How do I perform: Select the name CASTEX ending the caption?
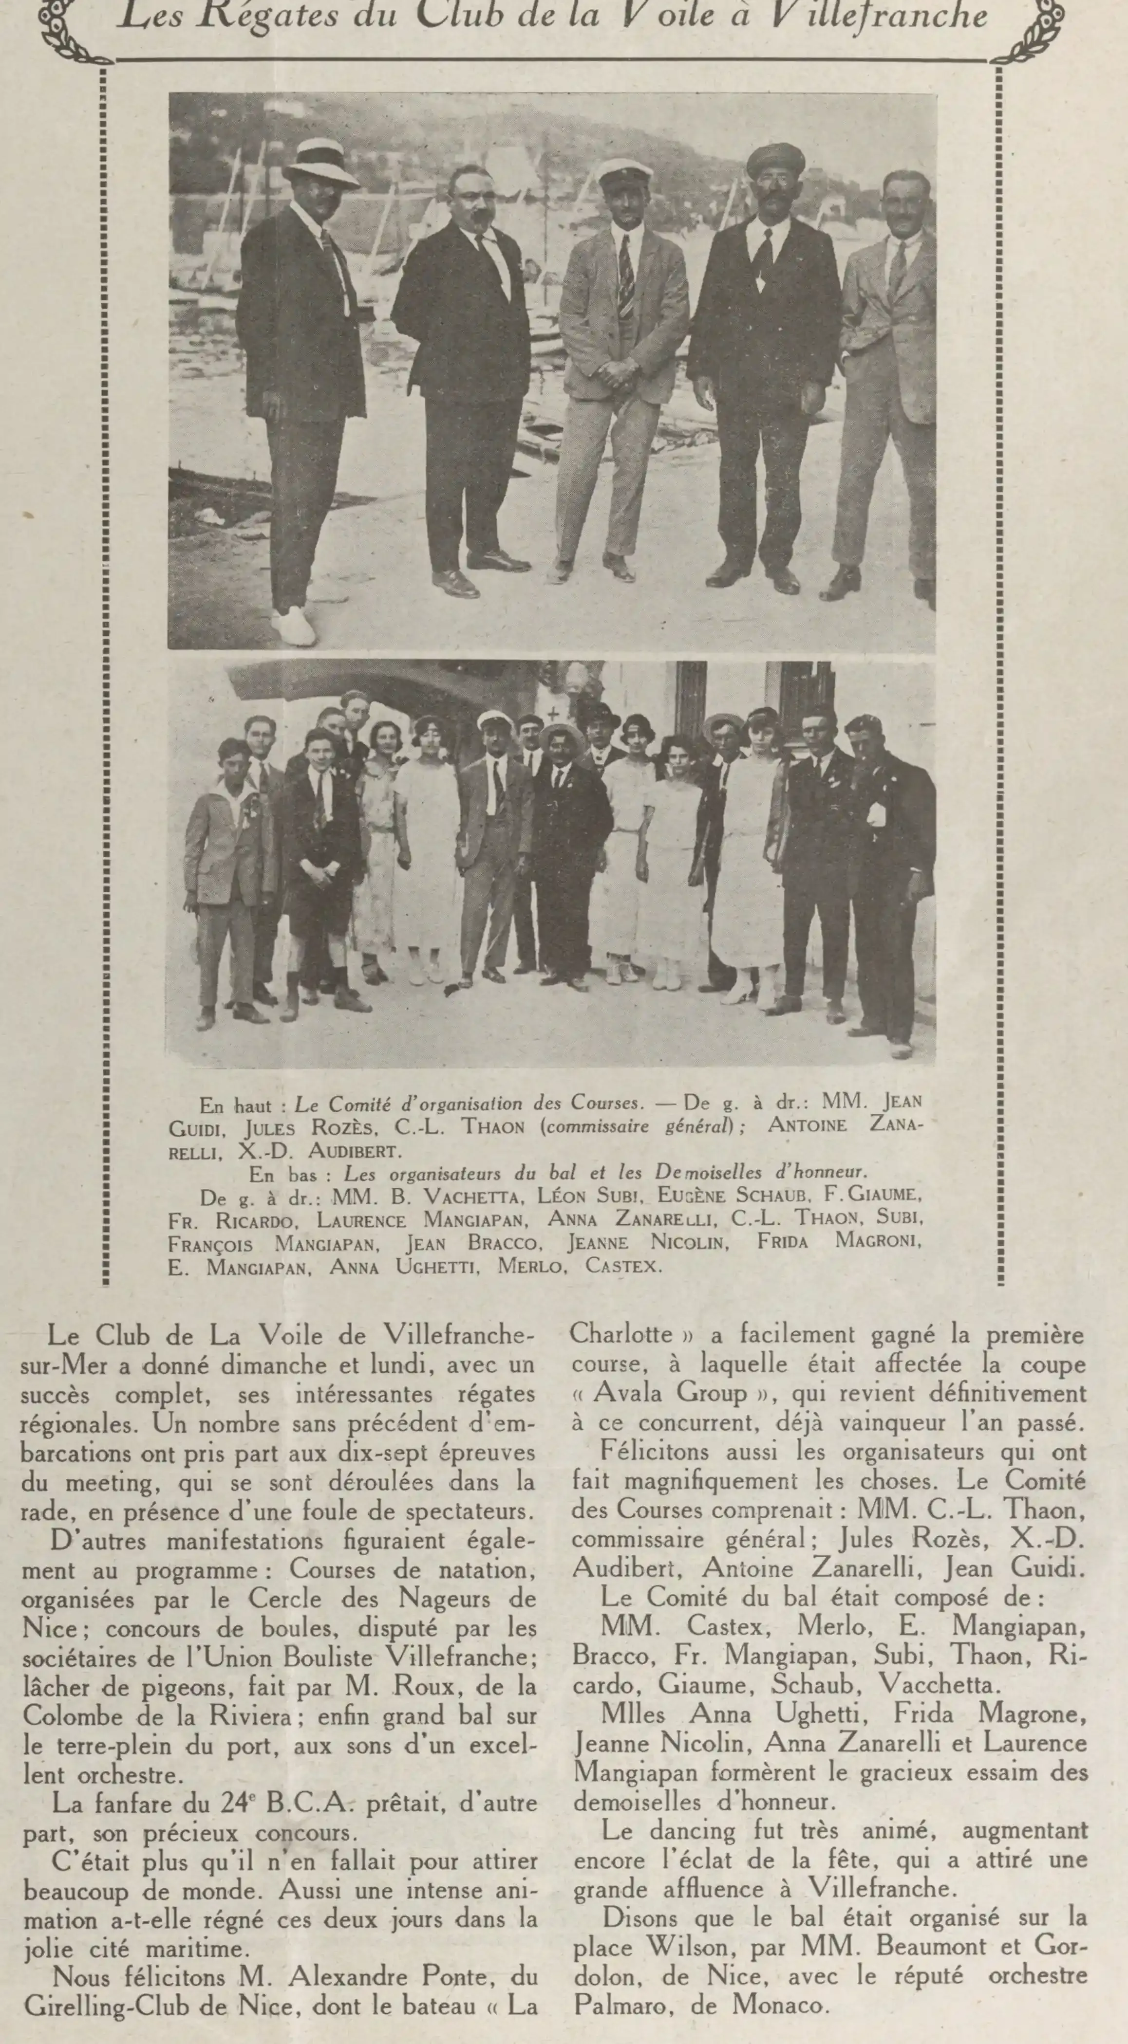coord(622,1266)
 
